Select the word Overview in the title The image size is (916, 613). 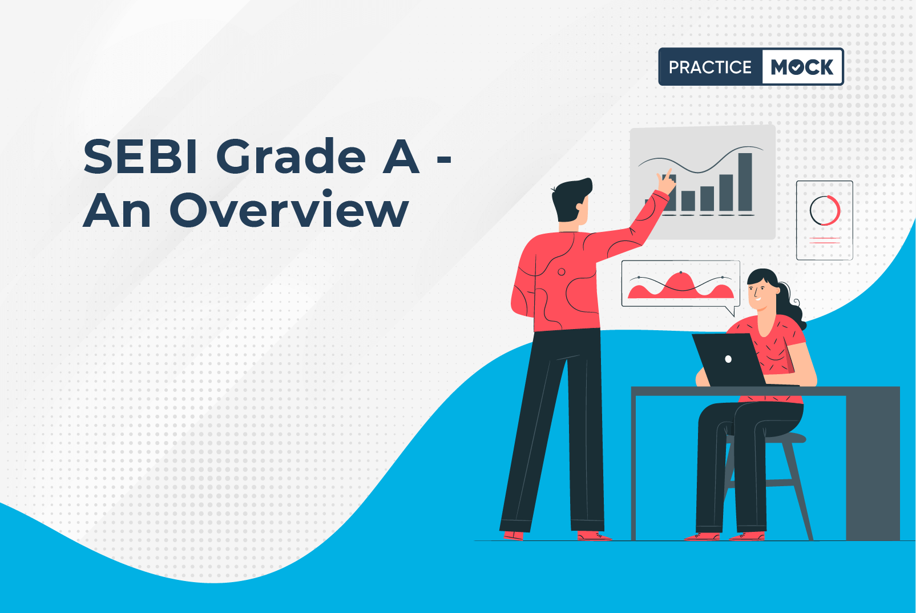[289, 210]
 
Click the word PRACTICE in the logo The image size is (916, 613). [710, 67]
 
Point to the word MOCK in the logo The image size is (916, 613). [802, 67]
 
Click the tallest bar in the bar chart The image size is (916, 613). [745, 182]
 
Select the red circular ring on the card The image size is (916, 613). [825, 210]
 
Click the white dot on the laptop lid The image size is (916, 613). [728, 359]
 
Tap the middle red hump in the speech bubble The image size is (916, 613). [680, 283]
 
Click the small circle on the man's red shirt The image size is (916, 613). [562, 272]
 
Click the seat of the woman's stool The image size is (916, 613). [769, 438]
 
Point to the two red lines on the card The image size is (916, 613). [825, 240]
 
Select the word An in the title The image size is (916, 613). [117, 210]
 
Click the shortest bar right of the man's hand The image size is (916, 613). [688, 201]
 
